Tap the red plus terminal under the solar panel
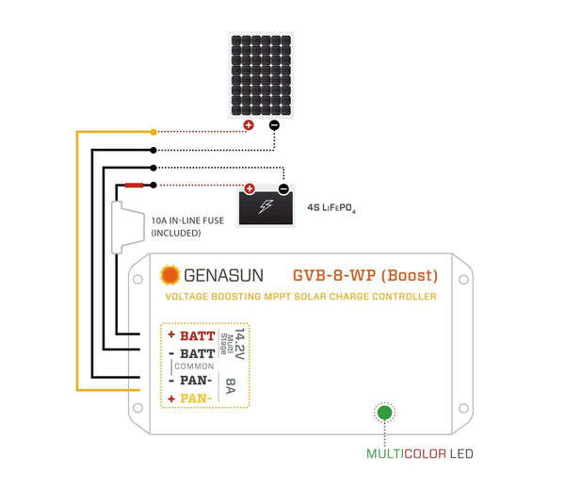(x=249, y=125)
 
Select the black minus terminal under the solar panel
(x=274, y=125)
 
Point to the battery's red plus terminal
(x=250, y=188)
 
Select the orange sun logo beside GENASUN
(x=170, y=275)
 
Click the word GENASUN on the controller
(x=223, y=276)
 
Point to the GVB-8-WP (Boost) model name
(x=365, y=275)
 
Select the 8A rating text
(x=233, y=386)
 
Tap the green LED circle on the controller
(x=383, y=412)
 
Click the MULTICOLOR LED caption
(x=420, y=454)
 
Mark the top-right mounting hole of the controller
(x=464, y=279)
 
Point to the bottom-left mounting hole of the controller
(x=137, y=408)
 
